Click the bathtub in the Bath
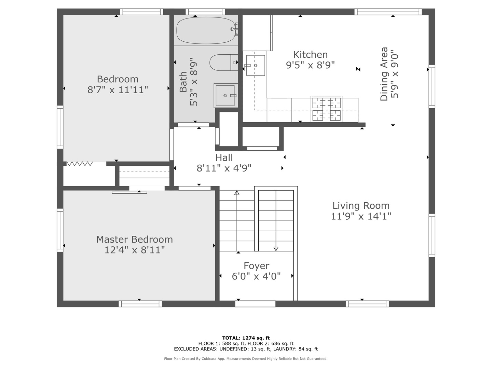coord(206,30)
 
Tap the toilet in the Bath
coord(224,63)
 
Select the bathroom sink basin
coord(225,96)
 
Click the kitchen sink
coord(256,65)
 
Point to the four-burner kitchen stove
coord(327,109)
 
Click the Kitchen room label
coord(311,55)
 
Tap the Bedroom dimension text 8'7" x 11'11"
coord(118,90)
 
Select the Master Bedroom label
coord(135,239)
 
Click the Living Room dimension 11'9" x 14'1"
coord(361,216)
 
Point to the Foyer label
coord(257,266)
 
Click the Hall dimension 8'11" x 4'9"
coord(224,168)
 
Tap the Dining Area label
coord(384,74)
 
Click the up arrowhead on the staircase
coord(237,193)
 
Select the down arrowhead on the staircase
coord(276,249)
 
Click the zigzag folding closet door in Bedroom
coord(80,164)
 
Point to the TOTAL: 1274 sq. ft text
coord(246,338)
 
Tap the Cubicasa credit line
coord(246,359)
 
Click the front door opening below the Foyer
coord(255,304)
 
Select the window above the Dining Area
coord(388,12)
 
